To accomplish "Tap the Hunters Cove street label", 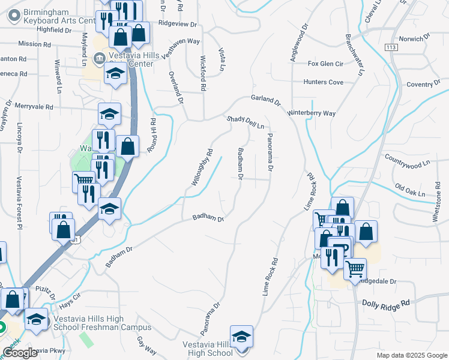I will (x=324, y=82).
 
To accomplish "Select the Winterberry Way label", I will (x=311, y=113).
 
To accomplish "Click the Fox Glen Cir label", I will (x=325, y=64).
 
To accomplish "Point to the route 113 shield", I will (x=391, y=47).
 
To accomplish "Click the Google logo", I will (x=20, y=353).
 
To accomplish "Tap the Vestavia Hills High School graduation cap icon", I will (x=241, y=336).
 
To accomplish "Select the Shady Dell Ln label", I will (x=246, y=122).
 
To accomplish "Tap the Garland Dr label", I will (x=266, y=100).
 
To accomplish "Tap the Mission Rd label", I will (x=34, y=44).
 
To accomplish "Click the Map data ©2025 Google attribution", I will (x=412, y=355).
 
